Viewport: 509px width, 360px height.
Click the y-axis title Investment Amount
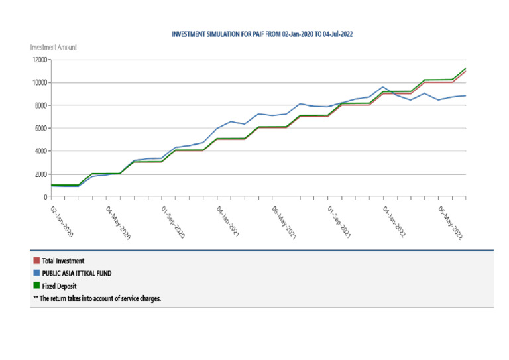click(x=54, y=47)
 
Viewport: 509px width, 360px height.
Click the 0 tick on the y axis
click(x=45, y=197)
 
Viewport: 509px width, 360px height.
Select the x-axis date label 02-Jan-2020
click(x=63, y=220)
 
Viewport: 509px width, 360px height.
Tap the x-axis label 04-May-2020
click(x=118, y=220)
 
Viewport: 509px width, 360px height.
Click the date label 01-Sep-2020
click(x=173, y=220)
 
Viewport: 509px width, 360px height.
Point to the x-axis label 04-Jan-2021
click(x=228, y=220)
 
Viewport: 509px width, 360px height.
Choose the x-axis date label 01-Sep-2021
click(x=339, y=220)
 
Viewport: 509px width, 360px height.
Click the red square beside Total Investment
click(x=36, y=261)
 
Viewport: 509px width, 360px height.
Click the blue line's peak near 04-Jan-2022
click(x=383, y=87)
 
